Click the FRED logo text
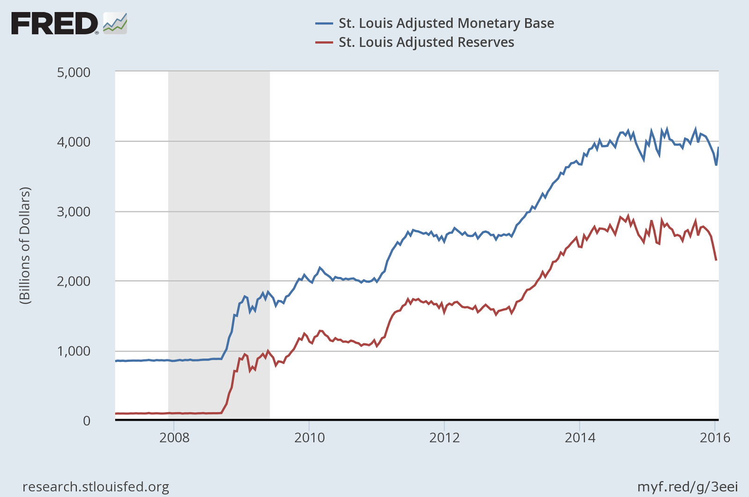(54, 23)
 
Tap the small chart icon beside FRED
(115, 23)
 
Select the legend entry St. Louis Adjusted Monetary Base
(446, 23)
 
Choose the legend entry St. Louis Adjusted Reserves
(426, 42)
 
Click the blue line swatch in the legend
(324, 23)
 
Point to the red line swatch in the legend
(324, 42)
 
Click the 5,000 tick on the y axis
(73, 73)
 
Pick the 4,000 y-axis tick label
(73, 142)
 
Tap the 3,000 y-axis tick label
(73, 212)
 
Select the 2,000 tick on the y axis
(73, 281)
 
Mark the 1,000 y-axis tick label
(73, 351)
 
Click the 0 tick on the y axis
(87, 421)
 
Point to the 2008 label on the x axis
(174, 438)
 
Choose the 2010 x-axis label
(309, 438)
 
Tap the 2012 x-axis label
(445, 438)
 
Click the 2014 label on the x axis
(580, 438)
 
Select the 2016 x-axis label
(715, 438)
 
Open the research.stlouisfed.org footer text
(96, 487)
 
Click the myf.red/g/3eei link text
(687, 487)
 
